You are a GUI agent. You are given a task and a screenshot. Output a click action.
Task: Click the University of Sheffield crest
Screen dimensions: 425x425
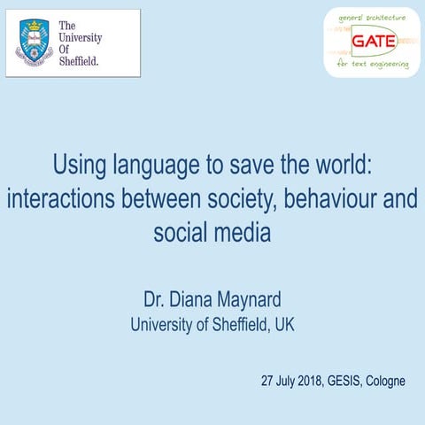33,42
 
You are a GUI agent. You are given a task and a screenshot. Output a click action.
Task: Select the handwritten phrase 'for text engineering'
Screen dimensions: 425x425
375,64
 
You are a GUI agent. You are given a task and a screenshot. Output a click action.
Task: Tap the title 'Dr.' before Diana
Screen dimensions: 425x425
154,297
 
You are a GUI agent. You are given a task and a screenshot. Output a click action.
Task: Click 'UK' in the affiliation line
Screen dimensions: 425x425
284,324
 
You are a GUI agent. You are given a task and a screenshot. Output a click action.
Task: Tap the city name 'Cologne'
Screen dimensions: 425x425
390,382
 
